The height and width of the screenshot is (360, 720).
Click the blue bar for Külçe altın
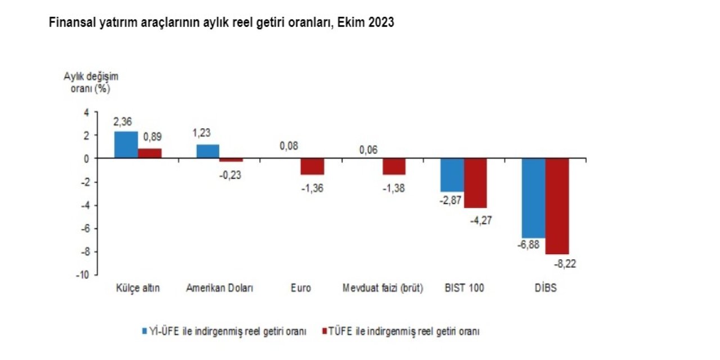[x=126, y=145]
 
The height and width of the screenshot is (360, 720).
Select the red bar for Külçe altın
[x=150, y=154]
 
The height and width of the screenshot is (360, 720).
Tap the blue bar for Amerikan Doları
[x=208, y=152]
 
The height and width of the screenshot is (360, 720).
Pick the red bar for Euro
[x=312, y=166]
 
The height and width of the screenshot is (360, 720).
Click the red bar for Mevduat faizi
[x=394, y=166]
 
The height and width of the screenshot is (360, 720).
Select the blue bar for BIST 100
[x=452, y=175]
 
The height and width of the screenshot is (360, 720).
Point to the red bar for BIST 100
[x=475, y=183]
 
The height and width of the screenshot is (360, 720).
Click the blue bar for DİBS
[x=534, y=198]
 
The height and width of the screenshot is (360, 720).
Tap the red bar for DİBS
[x=557, y=206]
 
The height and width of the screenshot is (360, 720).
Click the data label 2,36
[x=123, y=122]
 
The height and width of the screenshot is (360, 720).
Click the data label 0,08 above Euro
[x=289, y=146]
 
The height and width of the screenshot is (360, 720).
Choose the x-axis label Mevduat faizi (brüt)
[x=383, y=289]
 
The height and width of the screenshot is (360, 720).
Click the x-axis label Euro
[x=301, y=289]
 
